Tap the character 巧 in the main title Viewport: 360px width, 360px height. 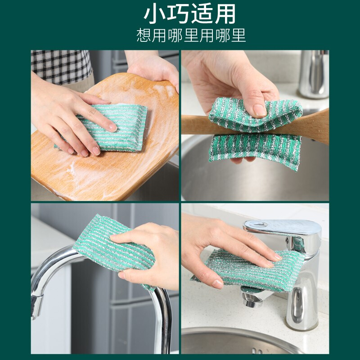tap(178, 14)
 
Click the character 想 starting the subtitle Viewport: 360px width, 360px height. tap(144, 35)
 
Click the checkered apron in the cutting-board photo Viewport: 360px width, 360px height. tap(62, 67)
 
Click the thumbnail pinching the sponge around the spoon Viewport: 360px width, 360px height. tap(260, 110)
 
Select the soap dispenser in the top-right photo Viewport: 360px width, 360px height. tap(314, 73)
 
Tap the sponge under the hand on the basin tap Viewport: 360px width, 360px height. tap(248, 271)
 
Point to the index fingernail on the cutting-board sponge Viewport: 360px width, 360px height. tap(113, 128)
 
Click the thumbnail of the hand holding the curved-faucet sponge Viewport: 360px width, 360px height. tap(121, 275)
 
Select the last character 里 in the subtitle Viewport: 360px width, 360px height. tap(238, 35)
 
